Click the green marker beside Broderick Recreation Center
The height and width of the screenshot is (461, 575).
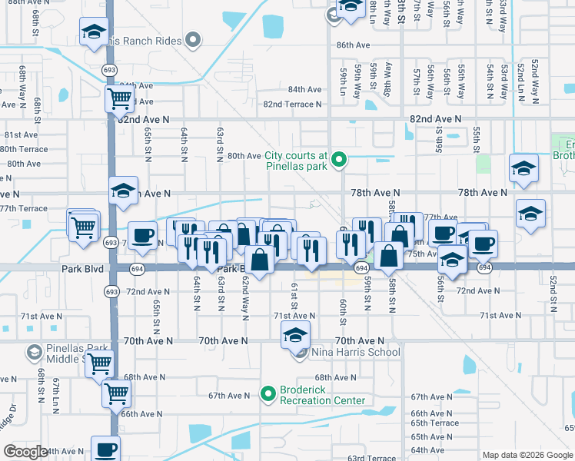pyautogui.click(x=268, y=395)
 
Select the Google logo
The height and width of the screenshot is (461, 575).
pyautogui.click(x=25, y=452)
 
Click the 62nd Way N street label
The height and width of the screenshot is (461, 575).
pyautogui.click(x=245, y=295)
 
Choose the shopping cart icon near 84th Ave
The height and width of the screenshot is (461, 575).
pyautogui.click(x=119, y=98)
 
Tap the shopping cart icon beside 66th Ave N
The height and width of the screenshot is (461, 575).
pyautogui.click(x=117, y=393)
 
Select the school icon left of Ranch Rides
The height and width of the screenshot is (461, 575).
pyautogui.click(x=93, y=32)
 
